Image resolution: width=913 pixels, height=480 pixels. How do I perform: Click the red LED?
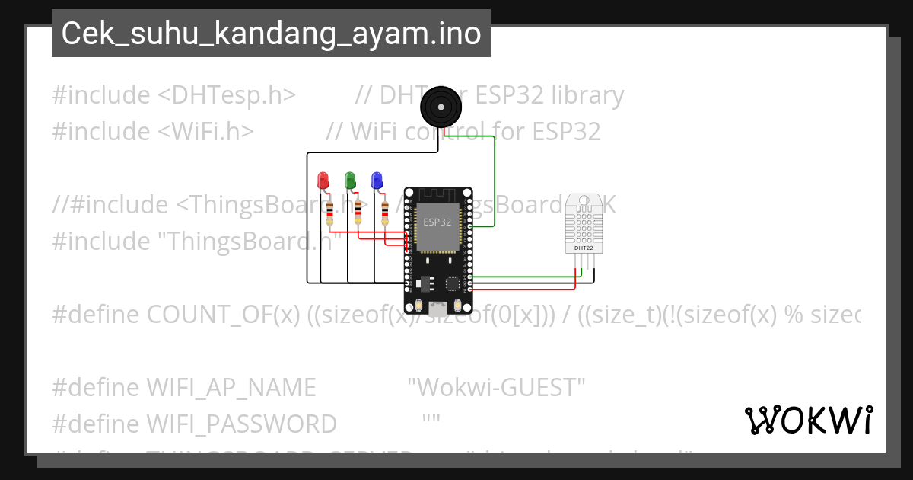tap(323, 181)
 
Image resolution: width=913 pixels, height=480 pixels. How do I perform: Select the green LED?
tap(350, 181)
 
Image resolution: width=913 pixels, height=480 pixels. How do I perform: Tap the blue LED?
tap(377, 181)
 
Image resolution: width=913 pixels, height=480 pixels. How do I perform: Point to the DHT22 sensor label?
tap(584, 248)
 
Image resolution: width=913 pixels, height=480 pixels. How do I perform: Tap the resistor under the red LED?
tap(329, 214)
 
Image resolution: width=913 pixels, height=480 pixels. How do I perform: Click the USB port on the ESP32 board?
tap(437, 309)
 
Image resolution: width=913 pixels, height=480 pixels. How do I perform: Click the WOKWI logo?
tap(808, 420)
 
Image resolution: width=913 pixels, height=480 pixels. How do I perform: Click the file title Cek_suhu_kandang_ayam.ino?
tap(271, 34)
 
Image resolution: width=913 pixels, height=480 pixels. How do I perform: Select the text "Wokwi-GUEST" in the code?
tap(496, 388)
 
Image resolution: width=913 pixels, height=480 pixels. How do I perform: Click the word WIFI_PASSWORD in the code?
tap(242, 424)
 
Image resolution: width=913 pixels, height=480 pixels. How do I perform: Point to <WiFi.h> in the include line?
tap(206, 131)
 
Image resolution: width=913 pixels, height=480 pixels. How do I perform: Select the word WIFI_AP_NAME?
tap(231, 388)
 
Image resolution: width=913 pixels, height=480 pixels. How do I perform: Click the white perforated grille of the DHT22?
tap(584, 224)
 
